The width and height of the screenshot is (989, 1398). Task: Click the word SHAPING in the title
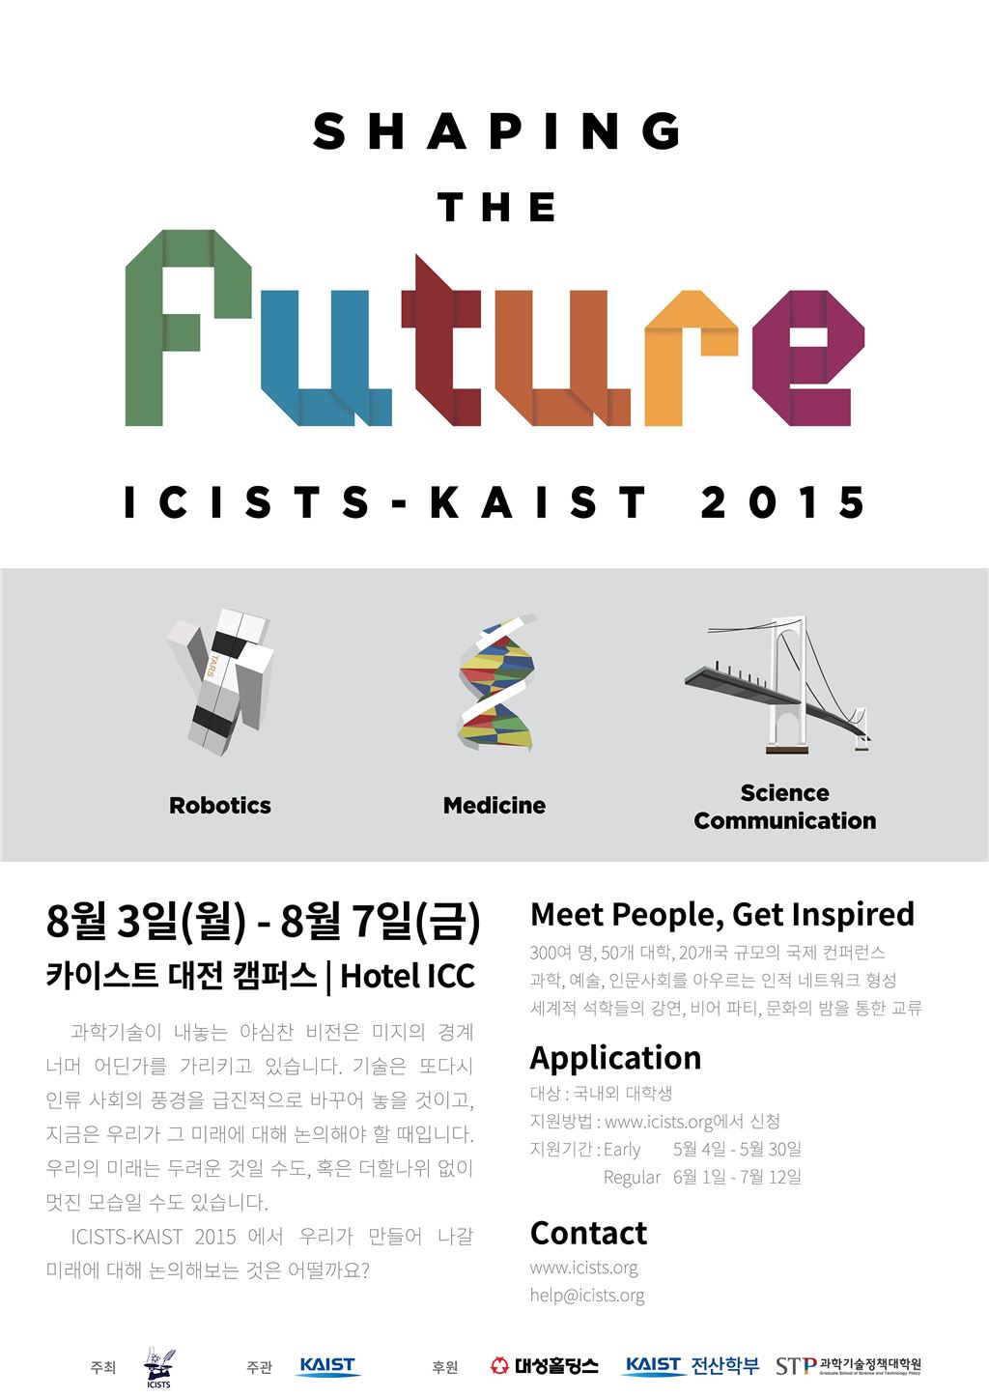[x=496, y=131]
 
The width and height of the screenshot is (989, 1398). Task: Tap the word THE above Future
[x=496, y=207]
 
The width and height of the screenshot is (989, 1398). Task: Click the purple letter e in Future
[x=808, y=358]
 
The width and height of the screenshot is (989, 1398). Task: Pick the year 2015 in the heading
[x=782, y=502]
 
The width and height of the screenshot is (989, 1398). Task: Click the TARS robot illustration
[x=221, y=681]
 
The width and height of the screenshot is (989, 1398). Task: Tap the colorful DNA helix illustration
[x=497, y=682]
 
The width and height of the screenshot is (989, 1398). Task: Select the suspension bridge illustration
[x=777, y=684]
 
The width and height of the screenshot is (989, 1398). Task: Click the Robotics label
[x=220, y=805]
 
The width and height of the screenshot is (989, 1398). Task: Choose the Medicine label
[x=494, y=805]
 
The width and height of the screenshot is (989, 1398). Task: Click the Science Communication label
[x=785, y=807]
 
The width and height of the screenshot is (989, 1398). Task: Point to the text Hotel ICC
[x=408, y=976]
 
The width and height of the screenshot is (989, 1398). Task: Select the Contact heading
[x=588, y=1233]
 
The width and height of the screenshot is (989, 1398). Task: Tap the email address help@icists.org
[x=587, y=1295]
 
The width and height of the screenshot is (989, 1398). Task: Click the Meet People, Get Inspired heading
[x=722, y=914]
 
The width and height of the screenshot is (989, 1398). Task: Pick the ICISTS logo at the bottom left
[x=159, y=1367]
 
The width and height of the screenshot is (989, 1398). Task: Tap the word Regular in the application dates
[x=632, y=1177]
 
